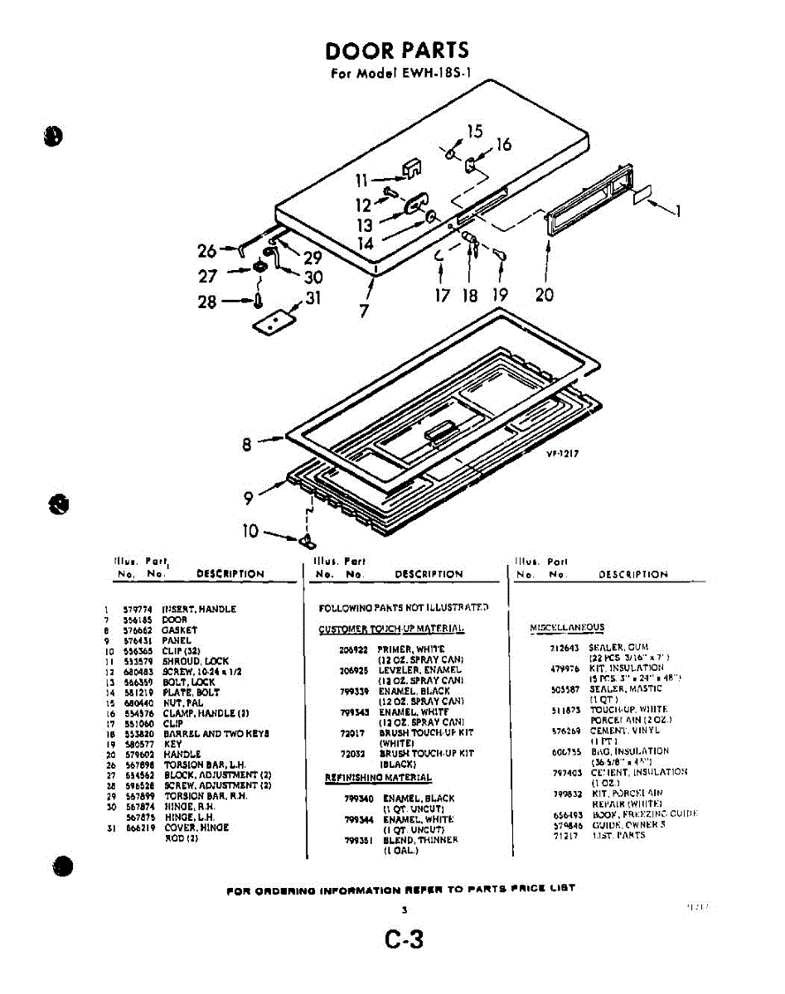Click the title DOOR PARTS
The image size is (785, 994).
pyautogui.click(x=397, y=51)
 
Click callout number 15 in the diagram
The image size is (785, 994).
pyautogui.click(x=474, y=131)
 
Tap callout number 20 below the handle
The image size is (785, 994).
pyautogui.click(x=545, y=295)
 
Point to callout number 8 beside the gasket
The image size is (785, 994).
pyautogui.click(x=247, y=445)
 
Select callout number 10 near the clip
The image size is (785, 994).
pyautogui.click(x=250, y=531)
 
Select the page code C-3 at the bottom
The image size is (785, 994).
pyautogui.click(x=404, y=940)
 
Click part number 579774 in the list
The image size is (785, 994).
pyautogui.click(x=136, y=609)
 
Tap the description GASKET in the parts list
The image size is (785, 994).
pyautogui.click(x=179, y=630)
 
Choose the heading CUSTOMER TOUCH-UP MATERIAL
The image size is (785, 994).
pyautogui.click(x=392, y=630)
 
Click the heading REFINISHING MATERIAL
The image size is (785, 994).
pyautogui.click(x=377, y=778)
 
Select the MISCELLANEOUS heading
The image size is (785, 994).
pyautogui.click(x=566, y=628)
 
